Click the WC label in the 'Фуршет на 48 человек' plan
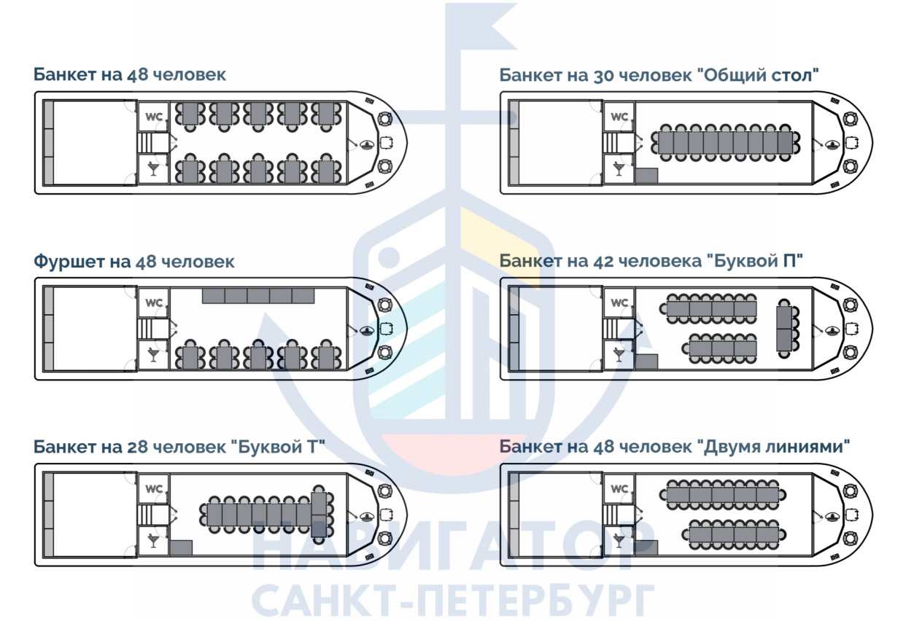[154, 302]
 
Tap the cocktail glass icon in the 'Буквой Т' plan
[153, 541]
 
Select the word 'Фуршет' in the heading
[69, 262]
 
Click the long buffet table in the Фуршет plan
[258, 296]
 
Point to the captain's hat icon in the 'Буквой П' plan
[832, 330]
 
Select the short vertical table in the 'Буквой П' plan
[784, 329]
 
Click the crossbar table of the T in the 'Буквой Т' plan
[319, 515]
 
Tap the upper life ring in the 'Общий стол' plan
[850, 119]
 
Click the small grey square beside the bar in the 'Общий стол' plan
[646, 176]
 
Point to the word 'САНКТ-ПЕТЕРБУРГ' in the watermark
[454, 599]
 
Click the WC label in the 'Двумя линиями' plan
[619, 488]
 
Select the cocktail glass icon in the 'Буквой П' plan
[619, 355]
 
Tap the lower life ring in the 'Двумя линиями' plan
[850, 539]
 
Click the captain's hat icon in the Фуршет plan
[367, 330]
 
